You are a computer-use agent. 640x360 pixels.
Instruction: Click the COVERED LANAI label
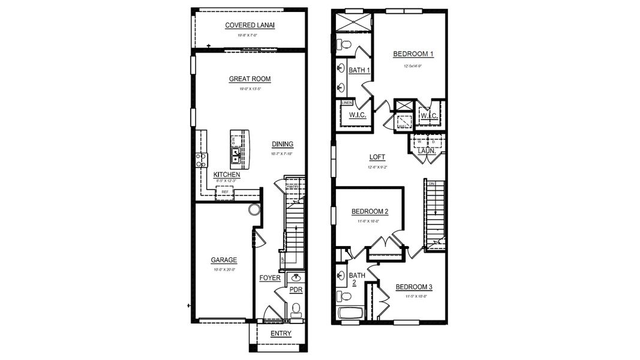pos(250,25)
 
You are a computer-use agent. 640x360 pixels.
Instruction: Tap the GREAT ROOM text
pos(250,79)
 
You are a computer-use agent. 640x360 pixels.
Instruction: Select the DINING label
pos(282,144)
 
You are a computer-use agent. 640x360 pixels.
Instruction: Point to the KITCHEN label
pos(227,175)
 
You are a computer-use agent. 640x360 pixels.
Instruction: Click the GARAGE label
pos(224,260)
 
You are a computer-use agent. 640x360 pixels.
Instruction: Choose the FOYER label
pos(269,278)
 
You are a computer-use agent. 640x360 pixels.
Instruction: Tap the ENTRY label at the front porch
pos(281,334)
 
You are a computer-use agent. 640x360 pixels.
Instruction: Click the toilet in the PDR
pos(295,310)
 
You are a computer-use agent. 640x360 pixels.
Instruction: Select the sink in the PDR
pos(296,278)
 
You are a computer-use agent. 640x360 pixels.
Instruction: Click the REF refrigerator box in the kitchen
pos(225,192)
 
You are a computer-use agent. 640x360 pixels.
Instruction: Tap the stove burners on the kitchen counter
pos(202,160)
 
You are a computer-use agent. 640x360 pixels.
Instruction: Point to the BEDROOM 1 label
pos(413,54)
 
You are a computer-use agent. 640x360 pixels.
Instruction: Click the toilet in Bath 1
pos(344,44)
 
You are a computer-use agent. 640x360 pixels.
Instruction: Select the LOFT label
pos(377,157)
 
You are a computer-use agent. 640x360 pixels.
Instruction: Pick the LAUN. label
pos(426,151)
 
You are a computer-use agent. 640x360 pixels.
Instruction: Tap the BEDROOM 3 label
pos(414,287)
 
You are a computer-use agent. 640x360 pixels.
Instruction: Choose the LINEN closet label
pos(346,103)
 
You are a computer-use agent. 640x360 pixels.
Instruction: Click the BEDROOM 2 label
pos(369,211)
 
